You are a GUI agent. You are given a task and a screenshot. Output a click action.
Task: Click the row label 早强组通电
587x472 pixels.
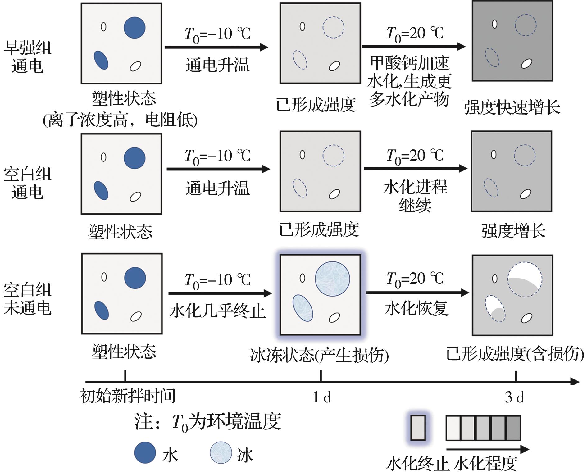click(27, 57)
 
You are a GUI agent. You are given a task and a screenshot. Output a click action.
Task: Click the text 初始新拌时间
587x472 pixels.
click(127, 396)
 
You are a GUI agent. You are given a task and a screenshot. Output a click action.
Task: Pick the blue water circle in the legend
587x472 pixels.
click(145, 453)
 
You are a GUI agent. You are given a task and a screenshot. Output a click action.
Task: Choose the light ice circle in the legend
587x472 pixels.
click(221, 453)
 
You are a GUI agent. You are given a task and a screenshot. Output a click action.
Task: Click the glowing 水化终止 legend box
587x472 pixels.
click(418, 428)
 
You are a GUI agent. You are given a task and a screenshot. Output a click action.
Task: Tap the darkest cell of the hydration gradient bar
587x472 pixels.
click(513, 428)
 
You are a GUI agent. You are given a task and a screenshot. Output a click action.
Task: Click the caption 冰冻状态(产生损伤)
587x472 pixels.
click(319, 355)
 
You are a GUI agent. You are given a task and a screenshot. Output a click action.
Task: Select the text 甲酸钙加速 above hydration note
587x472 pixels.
click(409, 63)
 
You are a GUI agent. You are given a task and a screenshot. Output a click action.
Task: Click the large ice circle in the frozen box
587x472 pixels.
click(332, 279)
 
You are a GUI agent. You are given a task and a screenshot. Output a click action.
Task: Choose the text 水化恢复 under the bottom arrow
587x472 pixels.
click(416, 308)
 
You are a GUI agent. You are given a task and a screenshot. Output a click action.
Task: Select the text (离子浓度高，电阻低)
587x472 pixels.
click(120, 120)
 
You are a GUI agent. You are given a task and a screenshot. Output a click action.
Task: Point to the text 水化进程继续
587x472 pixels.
click(415, 196)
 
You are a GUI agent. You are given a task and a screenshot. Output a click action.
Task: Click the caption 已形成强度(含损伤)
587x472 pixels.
click(515, 354)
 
